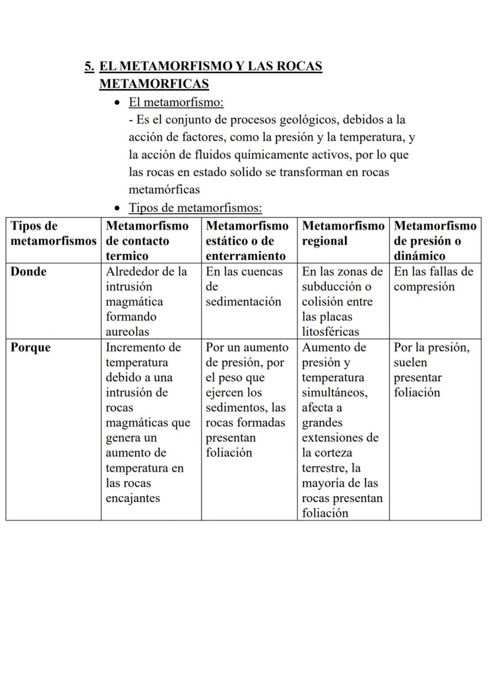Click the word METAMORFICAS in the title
point(154,84)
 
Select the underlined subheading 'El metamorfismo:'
point(176,103)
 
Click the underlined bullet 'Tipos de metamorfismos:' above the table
point(195,208)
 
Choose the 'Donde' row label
point(29,272)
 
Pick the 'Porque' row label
point(31,348)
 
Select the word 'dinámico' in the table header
point(420,256)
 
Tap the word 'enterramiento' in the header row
point(246,256)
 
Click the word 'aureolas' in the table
point(128,332)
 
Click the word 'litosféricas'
point(331,332)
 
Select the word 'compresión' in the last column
point(424,287)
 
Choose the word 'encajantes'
point(133,498)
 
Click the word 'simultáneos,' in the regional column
point(334,393)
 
